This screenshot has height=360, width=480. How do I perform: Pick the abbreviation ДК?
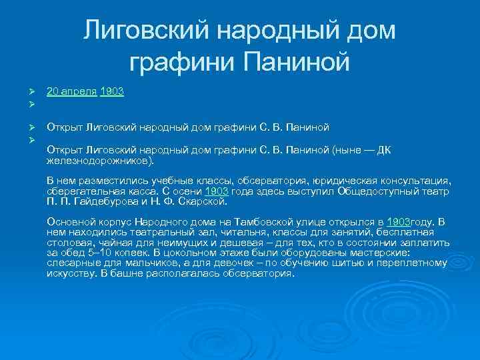pyautogui.click(x=385, y=150)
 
